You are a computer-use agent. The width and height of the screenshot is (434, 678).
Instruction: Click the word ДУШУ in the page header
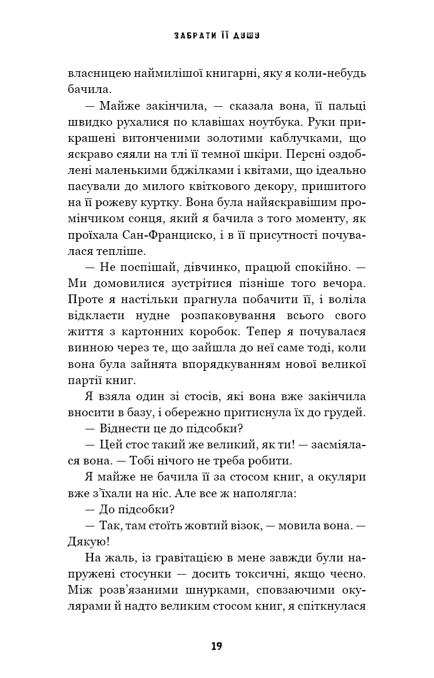pos(246,36)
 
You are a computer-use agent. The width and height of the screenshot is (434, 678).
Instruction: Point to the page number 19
pos(216,646)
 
